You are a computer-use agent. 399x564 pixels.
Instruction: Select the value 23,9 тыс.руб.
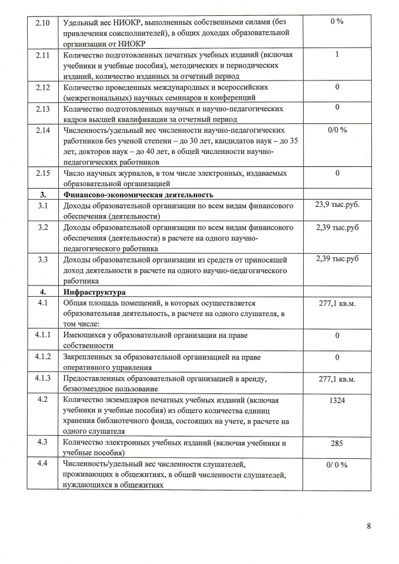tap(337, 204)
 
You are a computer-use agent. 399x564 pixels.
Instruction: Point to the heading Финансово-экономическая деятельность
tap(138, 194)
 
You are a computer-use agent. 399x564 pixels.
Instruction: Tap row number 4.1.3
tap(43, 378)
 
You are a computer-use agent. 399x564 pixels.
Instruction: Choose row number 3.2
tap(43, 227)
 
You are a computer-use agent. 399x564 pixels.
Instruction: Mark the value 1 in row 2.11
tap(337, 54)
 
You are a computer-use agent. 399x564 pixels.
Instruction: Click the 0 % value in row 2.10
tap(337, 21)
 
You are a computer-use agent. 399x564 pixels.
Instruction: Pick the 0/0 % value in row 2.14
tap(337, 129)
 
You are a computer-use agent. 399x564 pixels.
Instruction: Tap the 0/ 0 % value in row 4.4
tap(337, 465)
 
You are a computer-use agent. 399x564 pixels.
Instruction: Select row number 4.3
tap(43, 443)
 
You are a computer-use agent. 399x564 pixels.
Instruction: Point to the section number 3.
tap(43, 194)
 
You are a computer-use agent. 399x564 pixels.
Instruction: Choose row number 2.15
tap(43, 173)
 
